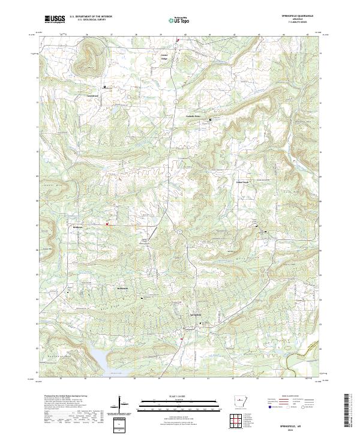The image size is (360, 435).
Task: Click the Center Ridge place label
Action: coord(164,57)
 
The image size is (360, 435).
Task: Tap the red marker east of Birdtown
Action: coord(107,224)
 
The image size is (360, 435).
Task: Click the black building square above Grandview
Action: coord(105,86)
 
